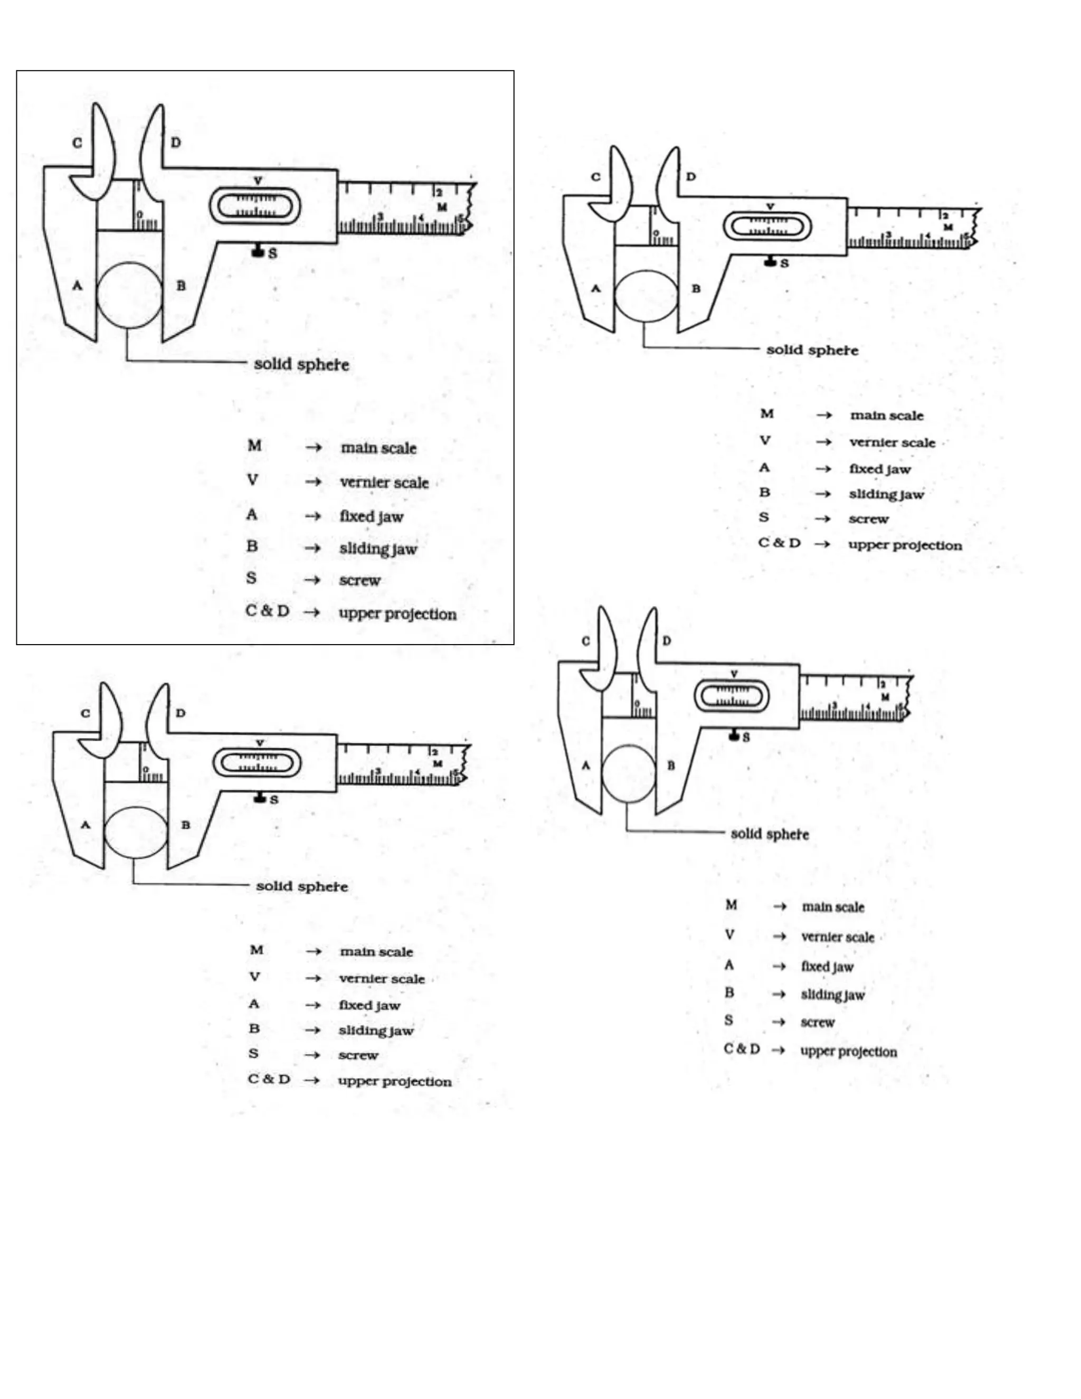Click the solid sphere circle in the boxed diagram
[x=129, y=295]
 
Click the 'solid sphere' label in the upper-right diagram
[x=812, y=351]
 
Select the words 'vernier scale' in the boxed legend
[x=384, y=483]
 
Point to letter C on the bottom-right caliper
[x=585, y=641]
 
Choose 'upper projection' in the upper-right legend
[x=905, y=545]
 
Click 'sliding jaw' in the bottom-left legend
[x=376, y=1031]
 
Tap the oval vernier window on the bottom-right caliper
[x=732, y=696]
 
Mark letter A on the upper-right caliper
[x=595, y=288]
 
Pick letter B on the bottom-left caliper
[x=185, y=825]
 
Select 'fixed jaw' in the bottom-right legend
[x=827, y=967]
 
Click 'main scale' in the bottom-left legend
[x=376, y=952]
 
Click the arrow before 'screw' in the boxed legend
[x=312, y=580]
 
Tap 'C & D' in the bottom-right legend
[x=742, y=1048]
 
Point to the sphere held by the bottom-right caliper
[x=629, y=774]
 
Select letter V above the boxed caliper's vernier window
[x=258, y=181]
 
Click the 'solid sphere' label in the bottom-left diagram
[x=301, y=886]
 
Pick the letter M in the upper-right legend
[x=766, y=414]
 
